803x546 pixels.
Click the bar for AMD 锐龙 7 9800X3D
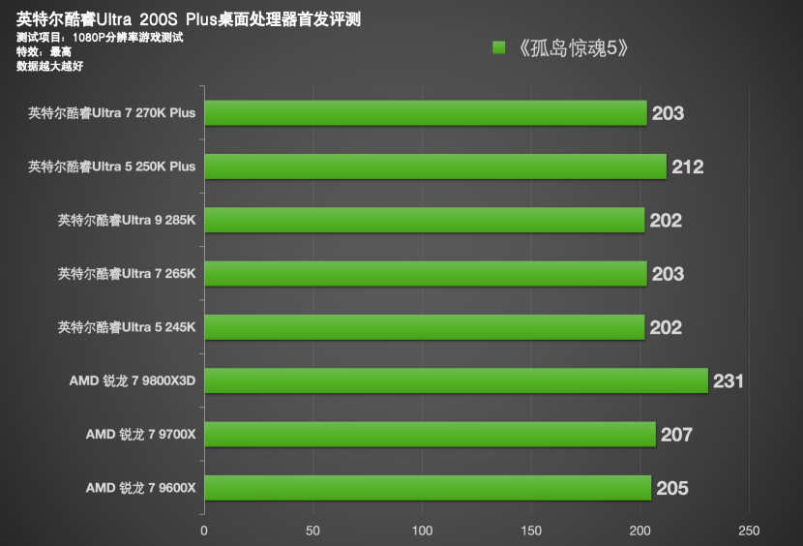point(455,380)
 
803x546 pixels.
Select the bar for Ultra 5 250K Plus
point(434,167)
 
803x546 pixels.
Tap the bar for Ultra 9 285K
point(424,221)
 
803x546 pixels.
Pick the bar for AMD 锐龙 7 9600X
point(427,488)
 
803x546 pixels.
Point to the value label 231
point(728,381)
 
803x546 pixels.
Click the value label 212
point(687,167)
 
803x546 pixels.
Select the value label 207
point(676,435)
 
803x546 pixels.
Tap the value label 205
point(671,488)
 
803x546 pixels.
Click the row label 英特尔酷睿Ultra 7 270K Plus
point(112,113)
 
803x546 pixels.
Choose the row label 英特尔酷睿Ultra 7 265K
point(127,274)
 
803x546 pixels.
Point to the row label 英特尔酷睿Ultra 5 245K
point(127,327)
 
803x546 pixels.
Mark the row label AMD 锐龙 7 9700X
point(140,435)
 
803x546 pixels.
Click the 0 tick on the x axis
point(203,531)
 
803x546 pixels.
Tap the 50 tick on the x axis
point(312,531)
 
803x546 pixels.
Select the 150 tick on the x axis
point(530,531)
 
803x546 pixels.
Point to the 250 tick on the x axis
point(748,531)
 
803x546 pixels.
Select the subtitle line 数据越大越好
point(50,67)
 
